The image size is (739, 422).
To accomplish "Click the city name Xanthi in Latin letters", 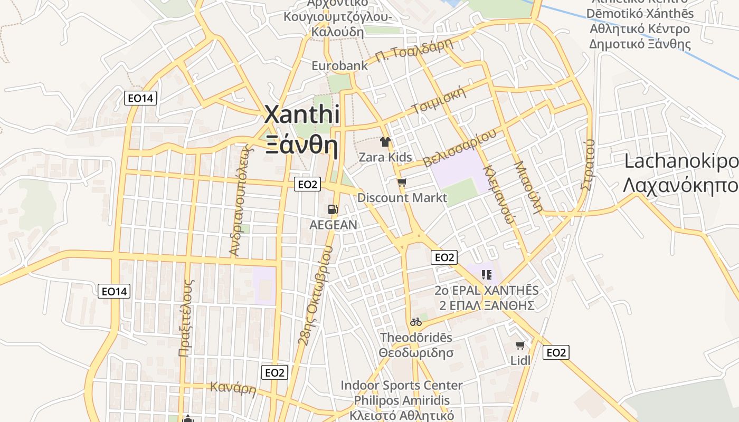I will (301, 114).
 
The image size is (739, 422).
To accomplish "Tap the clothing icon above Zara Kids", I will (385, 141).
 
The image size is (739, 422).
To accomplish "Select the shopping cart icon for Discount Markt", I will (402, 183).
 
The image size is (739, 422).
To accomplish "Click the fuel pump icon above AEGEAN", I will (333, 209).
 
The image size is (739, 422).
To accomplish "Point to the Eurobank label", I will (339, 66).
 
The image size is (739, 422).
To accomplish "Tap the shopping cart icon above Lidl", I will (520, 346).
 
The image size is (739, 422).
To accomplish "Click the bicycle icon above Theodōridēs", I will (416, 321).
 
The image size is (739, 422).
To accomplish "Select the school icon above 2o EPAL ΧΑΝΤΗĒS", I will (487, 274).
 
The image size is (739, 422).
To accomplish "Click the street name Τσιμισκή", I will (440, 101).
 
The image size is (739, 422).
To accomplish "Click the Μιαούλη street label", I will (528, 186).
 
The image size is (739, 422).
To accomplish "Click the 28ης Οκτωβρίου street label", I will (316, 295).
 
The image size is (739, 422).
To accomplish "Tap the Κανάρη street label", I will (233, 389).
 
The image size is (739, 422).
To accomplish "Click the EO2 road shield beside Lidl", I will (556, 352).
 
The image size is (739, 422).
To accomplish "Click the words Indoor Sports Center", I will (401, 386).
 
